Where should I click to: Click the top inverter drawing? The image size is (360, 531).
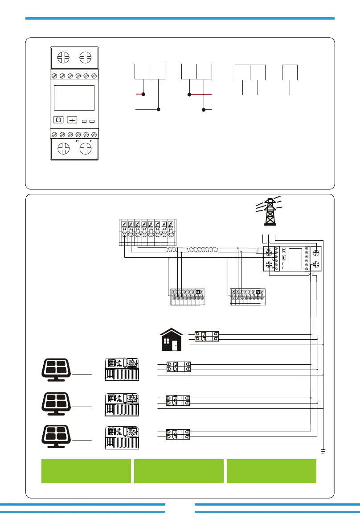122,370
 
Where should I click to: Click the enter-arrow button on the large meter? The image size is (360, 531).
72,119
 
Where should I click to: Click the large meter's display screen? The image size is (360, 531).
74,98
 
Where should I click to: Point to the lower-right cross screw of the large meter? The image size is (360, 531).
86,148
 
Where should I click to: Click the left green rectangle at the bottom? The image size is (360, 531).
86,471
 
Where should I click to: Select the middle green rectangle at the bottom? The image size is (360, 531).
179,471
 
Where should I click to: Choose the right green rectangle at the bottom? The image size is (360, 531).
271,471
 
